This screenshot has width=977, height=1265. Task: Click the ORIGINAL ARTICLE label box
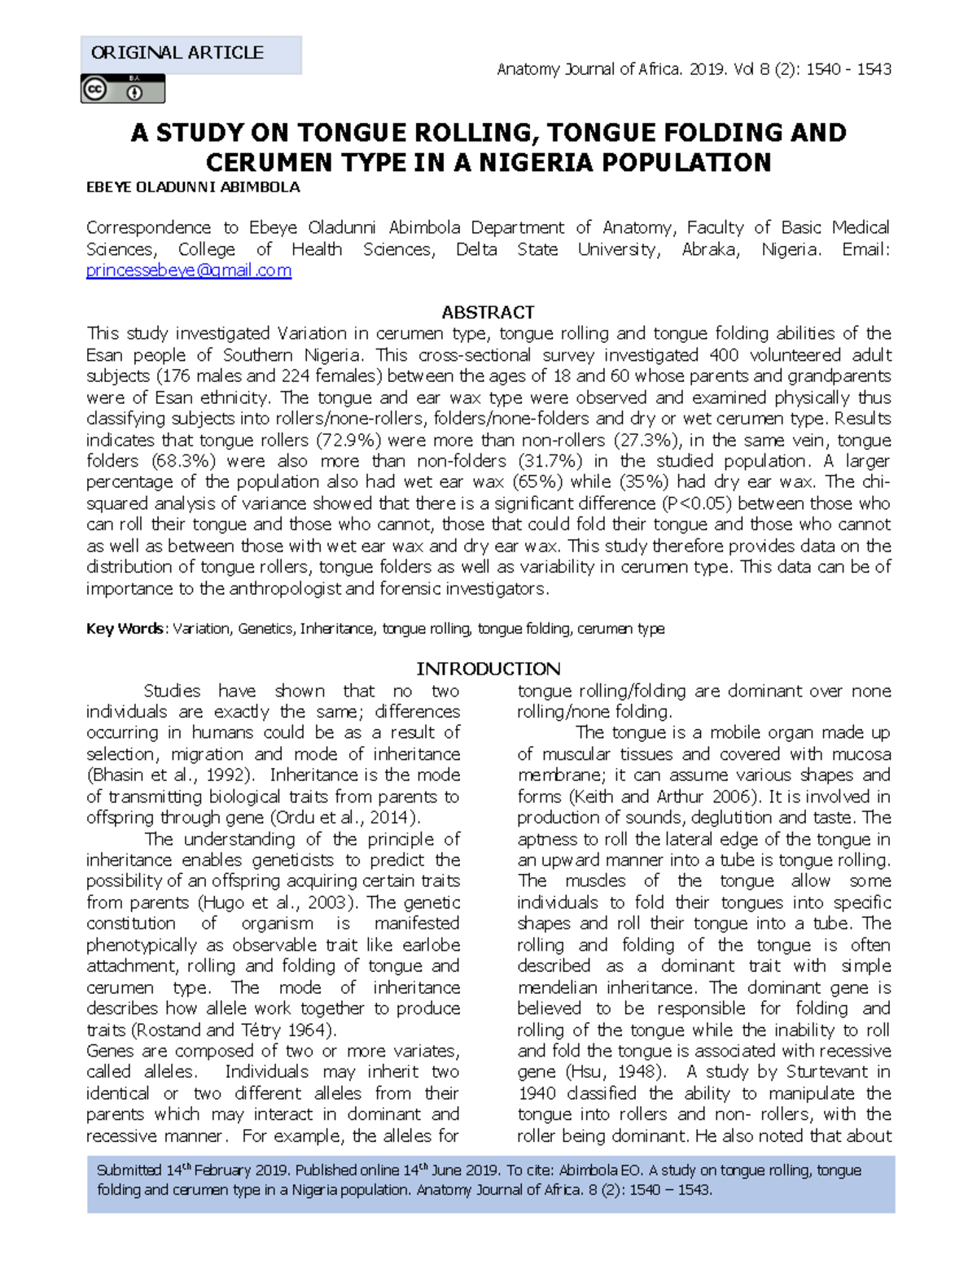pos(191,54)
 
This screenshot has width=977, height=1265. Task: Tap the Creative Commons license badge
pos(122,89)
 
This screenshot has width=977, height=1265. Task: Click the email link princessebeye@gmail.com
pos(189,271)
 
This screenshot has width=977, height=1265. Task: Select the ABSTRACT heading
pos(488,312)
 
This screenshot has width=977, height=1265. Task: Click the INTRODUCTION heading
pos(488,669)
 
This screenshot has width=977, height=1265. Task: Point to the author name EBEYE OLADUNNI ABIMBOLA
pos(193,187)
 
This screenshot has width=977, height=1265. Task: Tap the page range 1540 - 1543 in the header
pos(848,69)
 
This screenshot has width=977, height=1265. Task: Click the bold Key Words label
pos(125,629)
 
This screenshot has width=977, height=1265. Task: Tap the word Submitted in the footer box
pos(129,1171)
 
